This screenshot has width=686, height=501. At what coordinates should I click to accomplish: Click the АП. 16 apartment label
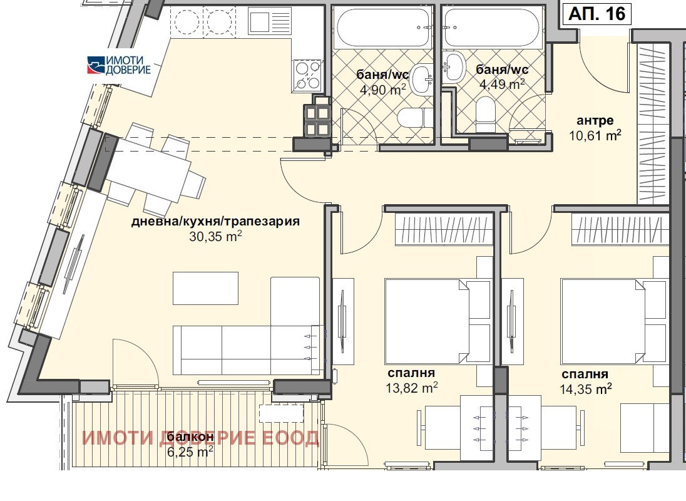coord(597,14)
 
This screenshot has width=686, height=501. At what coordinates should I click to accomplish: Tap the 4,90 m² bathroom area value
coord(383,90)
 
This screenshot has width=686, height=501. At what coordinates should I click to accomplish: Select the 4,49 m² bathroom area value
coord(502,83)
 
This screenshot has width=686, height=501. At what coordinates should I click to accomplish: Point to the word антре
coord(595,120)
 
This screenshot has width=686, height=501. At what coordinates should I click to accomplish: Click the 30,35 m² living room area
coord(215,236)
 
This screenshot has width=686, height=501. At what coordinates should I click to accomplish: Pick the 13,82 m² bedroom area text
coord(412,388)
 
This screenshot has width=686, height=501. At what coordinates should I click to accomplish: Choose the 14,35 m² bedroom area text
coord(585,388)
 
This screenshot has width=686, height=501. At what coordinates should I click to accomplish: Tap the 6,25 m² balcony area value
coord(190,451)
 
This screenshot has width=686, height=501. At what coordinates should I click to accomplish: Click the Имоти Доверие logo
coord(119,65)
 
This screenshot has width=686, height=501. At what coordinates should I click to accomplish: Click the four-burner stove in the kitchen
coord(307,75)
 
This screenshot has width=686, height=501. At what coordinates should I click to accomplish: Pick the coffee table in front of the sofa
coord(206,288)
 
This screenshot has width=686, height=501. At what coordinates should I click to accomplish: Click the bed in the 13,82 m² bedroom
coord(426,321)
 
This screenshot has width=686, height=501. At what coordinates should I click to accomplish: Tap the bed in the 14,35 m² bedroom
coord(603,322)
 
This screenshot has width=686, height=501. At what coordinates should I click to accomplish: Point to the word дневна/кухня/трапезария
coord(215,221)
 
